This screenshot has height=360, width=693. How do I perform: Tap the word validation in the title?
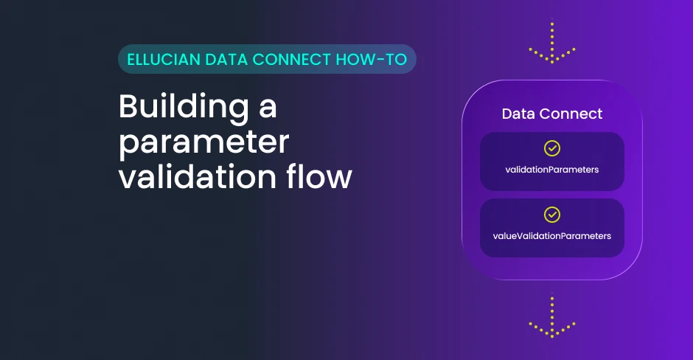pos(198,176)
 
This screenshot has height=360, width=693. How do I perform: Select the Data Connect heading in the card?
pos(552,114)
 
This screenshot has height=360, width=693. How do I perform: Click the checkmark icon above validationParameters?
pos(552,148)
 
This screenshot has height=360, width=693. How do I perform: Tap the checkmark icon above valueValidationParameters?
pos(552,215)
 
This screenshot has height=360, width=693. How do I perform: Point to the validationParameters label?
pos(552,170)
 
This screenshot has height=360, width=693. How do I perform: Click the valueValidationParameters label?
pos(552,236)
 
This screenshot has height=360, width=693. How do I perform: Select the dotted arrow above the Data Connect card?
pos(552,41)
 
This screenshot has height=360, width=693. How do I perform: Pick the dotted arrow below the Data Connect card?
pos(552,316)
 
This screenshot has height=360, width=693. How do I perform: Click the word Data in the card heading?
pos(518,114)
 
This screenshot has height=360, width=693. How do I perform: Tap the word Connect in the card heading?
pos(571,114)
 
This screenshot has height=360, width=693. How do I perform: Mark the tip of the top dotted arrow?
pos(552,63)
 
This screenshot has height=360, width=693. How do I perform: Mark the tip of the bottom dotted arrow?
pos(552,337)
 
